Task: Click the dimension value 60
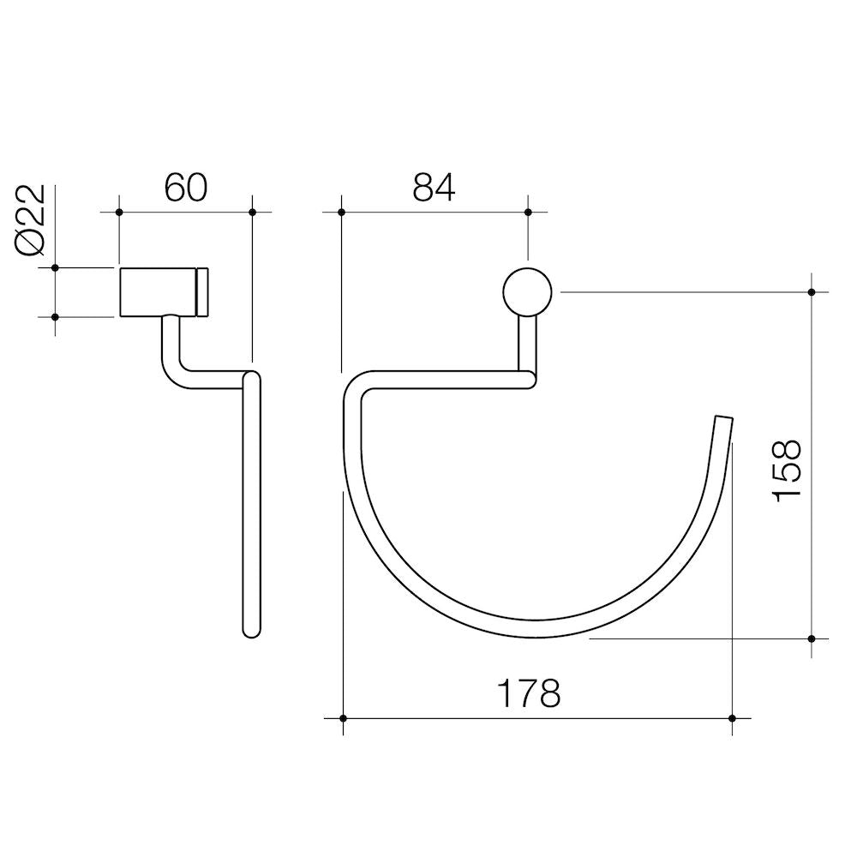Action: coord(186,188)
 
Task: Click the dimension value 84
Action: coord(434,188)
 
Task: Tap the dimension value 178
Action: coord(530,693)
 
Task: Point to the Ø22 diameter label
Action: coord(31,220)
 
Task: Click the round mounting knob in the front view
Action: coord(527,291)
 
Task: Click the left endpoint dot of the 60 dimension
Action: coord(119,212)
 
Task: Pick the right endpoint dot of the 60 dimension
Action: coord(252,212)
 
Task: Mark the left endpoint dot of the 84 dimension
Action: coord(341,212)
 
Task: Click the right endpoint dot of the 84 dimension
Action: coord(527,212)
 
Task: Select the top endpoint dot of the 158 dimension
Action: coord(812,291)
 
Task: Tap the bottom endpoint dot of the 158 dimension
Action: coord(812,638)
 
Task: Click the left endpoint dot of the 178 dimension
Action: coord(343,718)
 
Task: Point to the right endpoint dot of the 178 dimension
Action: coord(731,718)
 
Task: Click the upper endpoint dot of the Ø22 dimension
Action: coord(55,268)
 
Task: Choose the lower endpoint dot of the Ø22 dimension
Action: coord(55,317)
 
